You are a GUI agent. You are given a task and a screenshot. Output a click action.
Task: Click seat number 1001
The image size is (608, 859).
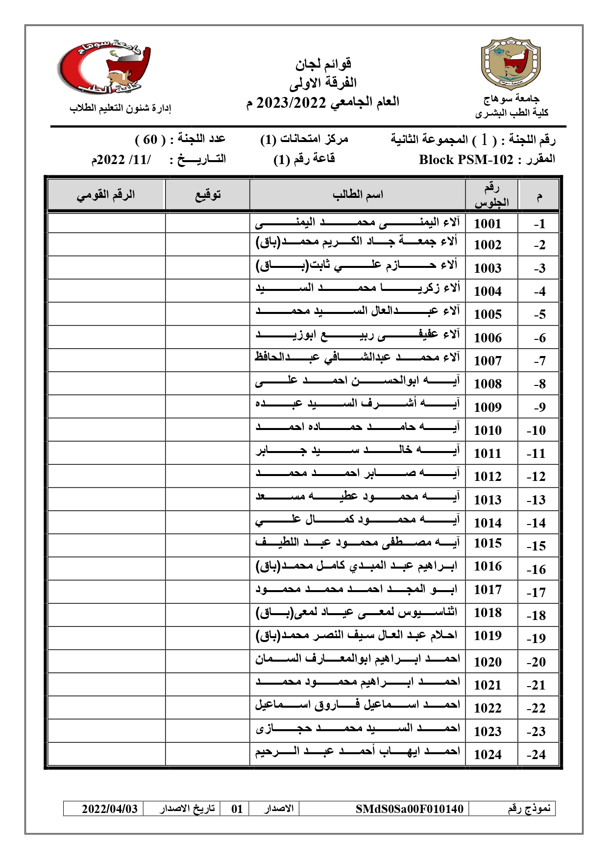point(487,224)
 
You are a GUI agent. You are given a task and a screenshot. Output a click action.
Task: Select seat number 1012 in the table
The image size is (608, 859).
point(487,477)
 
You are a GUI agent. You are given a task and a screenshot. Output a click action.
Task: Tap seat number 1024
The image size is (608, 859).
point(487,755)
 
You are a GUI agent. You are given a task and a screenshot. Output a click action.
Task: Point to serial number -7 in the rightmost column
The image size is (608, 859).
point(539,361)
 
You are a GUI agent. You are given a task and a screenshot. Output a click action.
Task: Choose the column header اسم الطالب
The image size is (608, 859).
point(358,195)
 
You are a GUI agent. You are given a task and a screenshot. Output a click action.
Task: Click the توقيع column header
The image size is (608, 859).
point(208,195)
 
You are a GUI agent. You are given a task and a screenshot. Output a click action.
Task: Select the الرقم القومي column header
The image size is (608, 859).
point(106,195)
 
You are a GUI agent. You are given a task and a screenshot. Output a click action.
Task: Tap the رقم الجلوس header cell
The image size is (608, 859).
point(491,195)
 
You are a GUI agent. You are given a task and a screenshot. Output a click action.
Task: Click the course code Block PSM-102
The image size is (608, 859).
point(466,160)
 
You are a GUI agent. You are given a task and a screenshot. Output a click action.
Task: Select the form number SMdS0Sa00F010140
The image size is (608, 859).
point(410,809)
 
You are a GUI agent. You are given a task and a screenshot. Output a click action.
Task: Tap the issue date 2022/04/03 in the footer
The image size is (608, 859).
point(109,809)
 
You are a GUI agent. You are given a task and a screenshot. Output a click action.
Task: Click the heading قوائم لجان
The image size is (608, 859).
point(323,64)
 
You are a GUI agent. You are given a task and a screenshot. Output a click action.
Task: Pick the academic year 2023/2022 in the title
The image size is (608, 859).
point(291,102)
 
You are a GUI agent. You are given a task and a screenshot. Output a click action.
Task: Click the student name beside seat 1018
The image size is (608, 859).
point(357,612)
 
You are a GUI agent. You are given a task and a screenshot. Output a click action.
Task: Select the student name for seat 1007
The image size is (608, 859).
point(357,358)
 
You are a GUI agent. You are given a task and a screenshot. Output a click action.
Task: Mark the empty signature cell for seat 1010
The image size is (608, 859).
point(208,430)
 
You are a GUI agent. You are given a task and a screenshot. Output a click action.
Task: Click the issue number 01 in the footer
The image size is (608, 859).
point(237,809)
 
